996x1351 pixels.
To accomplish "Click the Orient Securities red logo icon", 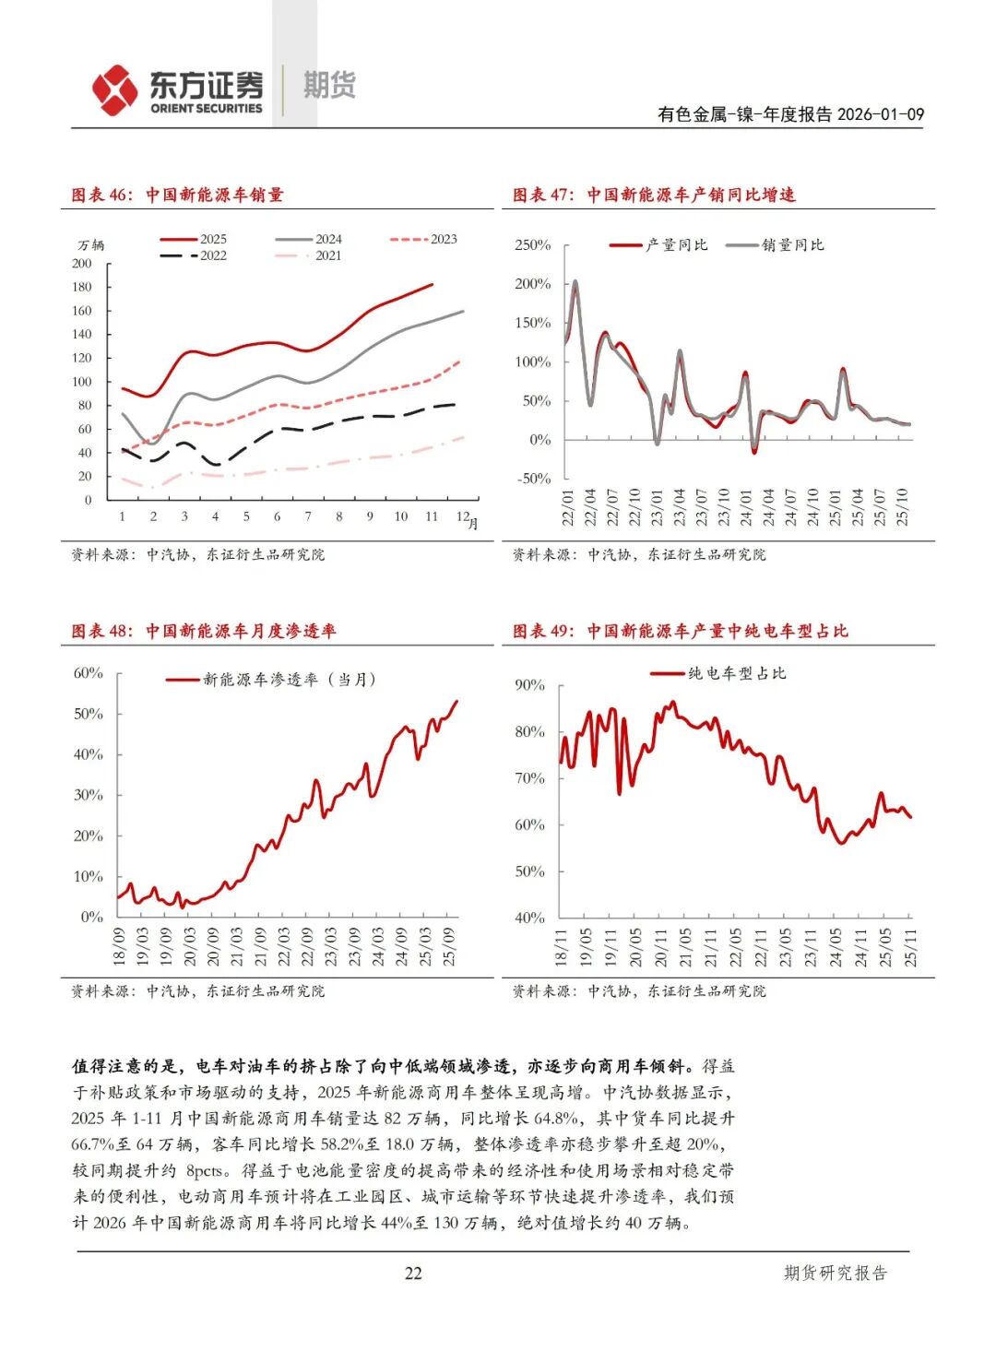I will (x=114, y=90).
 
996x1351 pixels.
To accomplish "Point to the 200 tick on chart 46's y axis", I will (x=82, y=264).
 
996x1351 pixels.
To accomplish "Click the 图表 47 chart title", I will (x=654, y=195).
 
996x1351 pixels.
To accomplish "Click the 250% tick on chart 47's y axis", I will (x=532, y=245).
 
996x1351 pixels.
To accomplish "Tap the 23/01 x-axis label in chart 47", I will (x=658, y=507).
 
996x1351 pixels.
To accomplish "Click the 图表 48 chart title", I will (x=204, y=631).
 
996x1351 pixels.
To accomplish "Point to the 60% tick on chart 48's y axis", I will (x=89, y=673).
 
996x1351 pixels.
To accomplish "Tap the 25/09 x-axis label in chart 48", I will (x=449, y=946).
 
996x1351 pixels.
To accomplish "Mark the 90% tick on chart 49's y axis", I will (x=529, y=685).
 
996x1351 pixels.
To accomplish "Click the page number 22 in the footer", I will (x=413, y=1274).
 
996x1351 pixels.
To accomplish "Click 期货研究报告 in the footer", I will (x=835, y=1274).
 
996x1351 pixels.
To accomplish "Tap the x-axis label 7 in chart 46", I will (x=308, y=516).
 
